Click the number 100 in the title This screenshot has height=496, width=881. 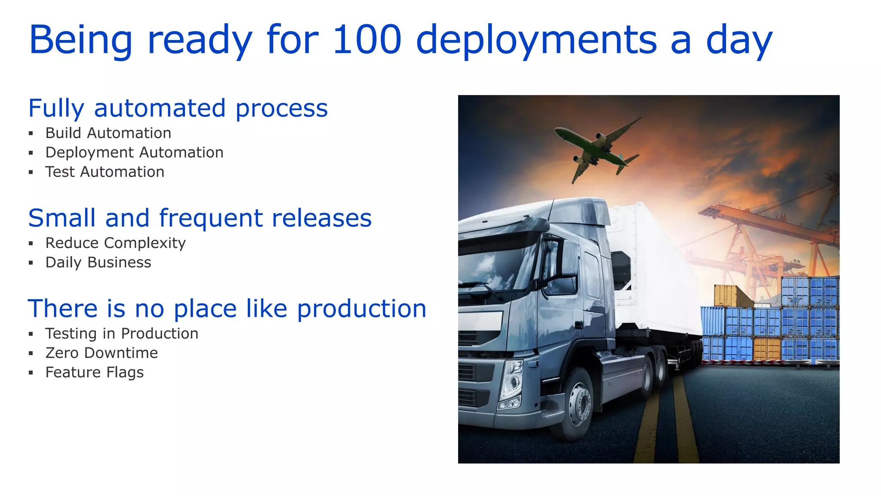tap(367, 40)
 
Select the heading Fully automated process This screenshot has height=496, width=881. tap(178, 108)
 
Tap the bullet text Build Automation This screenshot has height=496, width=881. tap(108, 133)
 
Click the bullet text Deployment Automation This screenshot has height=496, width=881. tap(134, 152)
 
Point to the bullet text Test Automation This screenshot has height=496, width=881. tap(105, 172)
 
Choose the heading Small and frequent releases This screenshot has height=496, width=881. tap(200, 218)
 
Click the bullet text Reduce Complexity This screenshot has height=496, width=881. tap(115, 243)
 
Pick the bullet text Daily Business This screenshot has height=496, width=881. tap(98, 263)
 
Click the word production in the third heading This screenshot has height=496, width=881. tap(361, 309)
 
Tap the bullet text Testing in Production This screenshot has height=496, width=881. tap(122, 334)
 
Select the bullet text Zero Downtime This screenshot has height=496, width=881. tap(102, 353)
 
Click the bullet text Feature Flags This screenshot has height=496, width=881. tap(95, 372)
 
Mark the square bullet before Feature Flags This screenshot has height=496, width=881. tap(31, 373)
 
